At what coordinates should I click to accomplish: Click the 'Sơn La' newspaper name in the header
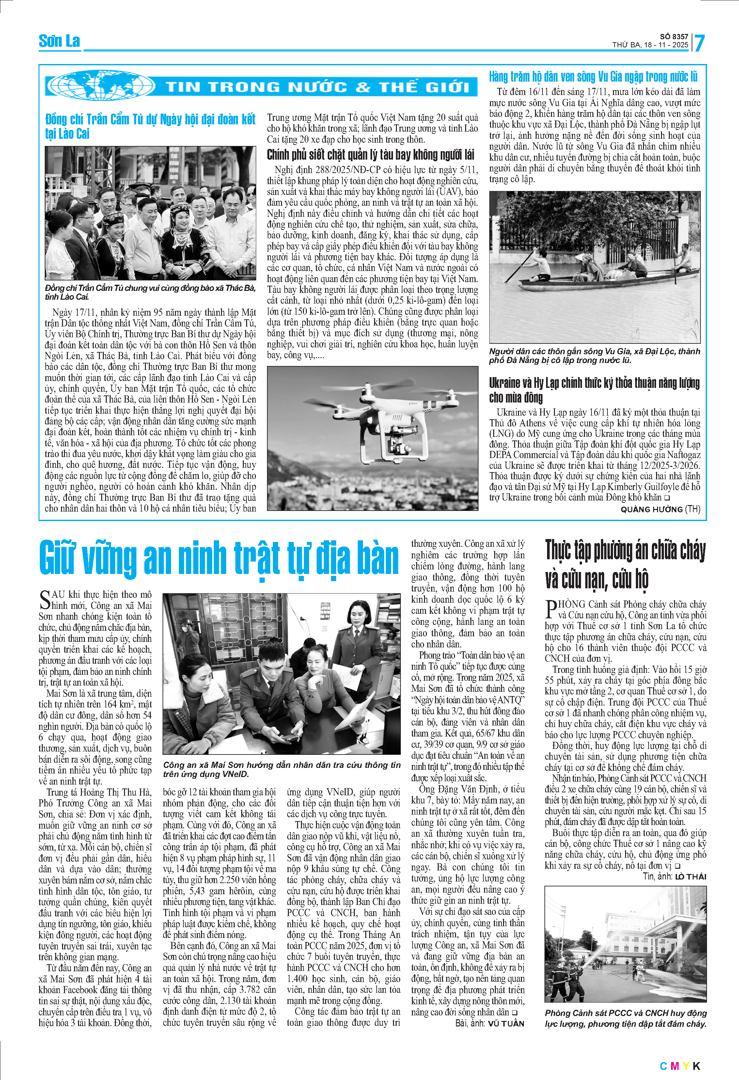coord(59,41)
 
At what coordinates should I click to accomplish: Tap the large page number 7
coord(699,43)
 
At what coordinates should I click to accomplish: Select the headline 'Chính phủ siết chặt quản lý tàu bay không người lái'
coord(370,155)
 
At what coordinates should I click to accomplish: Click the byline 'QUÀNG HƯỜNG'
coord(651,509)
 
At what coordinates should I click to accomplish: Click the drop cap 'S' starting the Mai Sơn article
coord(45,599)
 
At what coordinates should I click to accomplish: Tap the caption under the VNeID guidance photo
coord(281,769)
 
